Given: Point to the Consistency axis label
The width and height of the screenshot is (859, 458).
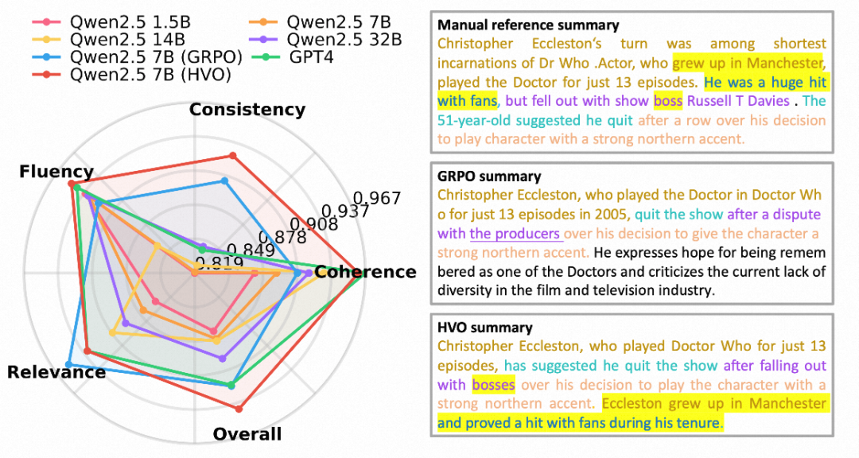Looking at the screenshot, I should click(x=247, y=110).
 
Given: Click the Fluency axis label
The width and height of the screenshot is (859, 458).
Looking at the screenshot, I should click(x=56, y=172).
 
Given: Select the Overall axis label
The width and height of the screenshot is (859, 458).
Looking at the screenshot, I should click(x=247, y=434).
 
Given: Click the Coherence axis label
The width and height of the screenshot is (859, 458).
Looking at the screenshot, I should click(x=365, y=272).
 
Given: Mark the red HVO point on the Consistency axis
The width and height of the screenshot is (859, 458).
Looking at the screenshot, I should click(x=232, y=155).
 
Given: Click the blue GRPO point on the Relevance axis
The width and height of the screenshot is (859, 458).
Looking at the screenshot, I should click(x=69, y=364).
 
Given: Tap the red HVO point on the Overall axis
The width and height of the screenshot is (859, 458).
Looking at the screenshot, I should click(x=239, y=409).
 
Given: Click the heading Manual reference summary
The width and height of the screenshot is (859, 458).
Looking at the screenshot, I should click(x=528, y=26).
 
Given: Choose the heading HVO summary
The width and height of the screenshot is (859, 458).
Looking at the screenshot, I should click(x=485, y=328).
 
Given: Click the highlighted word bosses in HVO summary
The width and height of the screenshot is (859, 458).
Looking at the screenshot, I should click(x=493, y=385).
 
